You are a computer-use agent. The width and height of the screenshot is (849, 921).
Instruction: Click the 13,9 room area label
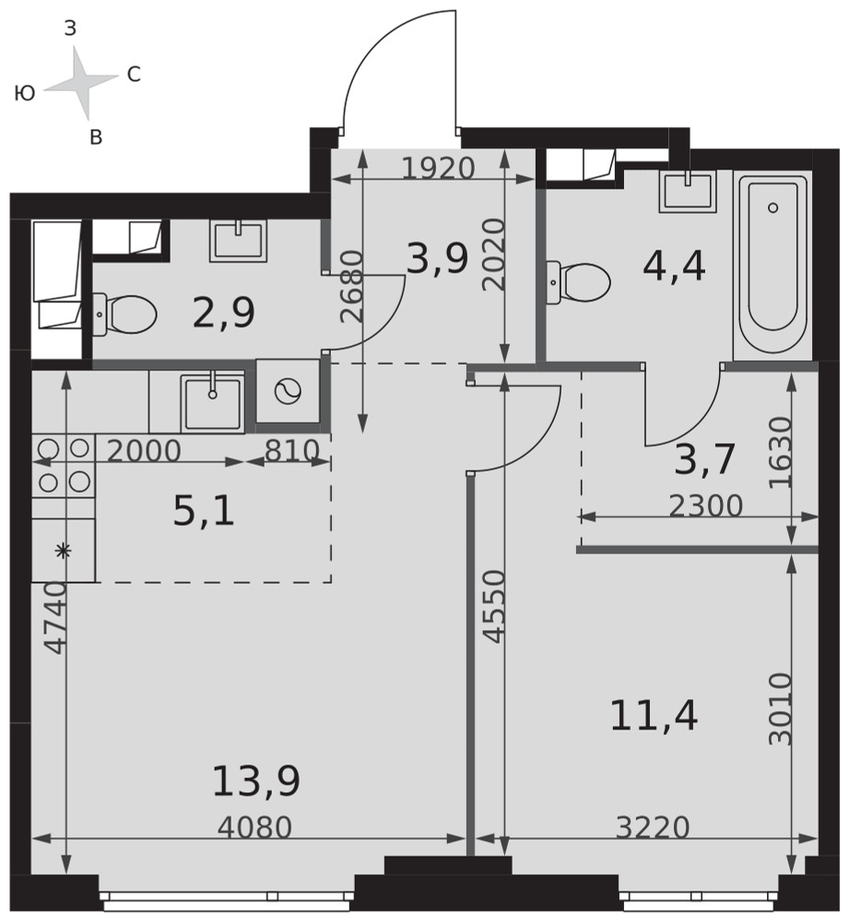(x=256, y=782)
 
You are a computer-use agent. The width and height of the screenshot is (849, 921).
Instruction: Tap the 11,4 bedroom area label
(x=654, y=716)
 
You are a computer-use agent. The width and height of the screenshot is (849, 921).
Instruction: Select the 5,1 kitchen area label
(x=204, y=510)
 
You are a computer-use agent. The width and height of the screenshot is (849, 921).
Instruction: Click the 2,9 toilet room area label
(x=224, y=312)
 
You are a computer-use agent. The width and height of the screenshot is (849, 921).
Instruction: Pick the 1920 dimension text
(x=438, y=169)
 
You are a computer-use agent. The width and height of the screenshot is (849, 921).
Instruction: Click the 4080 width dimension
(x=254, y=828)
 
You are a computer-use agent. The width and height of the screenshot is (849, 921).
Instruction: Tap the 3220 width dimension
(x=653, y=828)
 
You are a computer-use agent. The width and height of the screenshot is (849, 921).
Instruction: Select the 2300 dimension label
(x=706, y=506)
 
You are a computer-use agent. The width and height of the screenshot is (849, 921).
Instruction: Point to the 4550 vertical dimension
(x=493, y=606)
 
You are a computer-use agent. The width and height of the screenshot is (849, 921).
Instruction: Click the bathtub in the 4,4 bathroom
(x=772, y=265)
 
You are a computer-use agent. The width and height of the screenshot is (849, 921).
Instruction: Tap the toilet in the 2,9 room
(x=124, y=315)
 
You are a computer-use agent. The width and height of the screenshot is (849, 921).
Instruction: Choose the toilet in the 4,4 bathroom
(x=579, y=282)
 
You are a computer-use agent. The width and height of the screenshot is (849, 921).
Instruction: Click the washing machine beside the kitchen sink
(x=289, y=391)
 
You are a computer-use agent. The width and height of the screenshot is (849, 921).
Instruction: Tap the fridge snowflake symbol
(x=63, y=551)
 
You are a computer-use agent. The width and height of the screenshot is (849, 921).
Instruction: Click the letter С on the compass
(x=134, y=74)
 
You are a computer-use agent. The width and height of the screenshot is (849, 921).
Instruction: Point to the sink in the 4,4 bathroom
(x=688, y=191)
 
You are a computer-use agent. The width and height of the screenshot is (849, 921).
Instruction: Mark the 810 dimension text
(x=292, y=451)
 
